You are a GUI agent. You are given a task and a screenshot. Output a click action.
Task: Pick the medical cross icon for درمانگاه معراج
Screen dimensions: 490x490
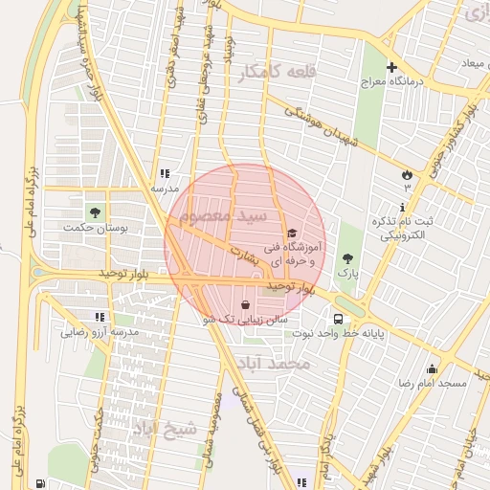point(390,67)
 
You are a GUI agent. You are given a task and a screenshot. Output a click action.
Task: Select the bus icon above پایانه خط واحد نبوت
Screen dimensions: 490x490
point(338,320)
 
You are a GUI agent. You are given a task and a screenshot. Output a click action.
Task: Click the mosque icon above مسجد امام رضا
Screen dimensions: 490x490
point(432,369)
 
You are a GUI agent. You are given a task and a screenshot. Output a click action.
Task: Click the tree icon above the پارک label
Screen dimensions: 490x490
point(346,258)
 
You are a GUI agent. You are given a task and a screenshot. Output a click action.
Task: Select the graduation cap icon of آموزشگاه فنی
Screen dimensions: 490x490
point(292,233)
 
